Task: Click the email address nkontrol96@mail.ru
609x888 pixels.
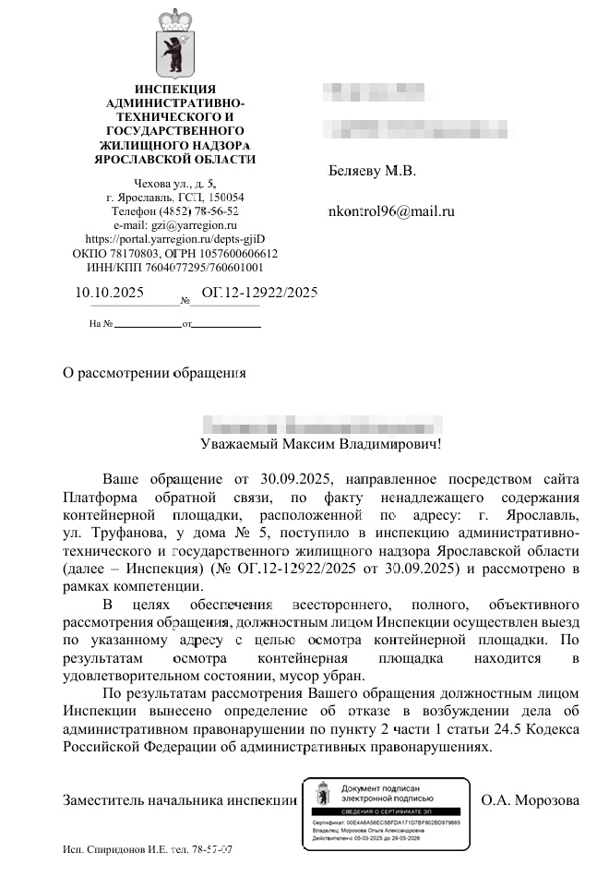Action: click(391, 211)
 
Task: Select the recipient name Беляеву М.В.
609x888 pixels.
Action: click(372, 171)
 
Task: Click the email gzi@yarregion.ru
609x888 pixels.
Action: click(175, 224)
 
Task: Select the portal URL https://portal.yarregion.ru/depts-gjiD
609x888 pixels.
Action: click(175, 238)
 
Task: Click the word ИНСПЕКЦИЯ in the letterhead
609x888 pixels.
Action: click(175, 89)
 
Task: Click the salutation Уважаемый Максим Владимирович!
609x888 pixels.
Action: click(321, 444)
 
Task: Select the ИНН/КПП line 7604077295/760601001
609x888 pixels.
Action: click(175, 267)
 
